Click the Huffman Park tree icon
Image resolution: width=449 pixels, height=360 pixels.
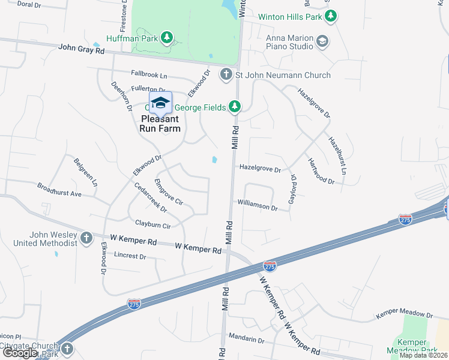tap(167, 38)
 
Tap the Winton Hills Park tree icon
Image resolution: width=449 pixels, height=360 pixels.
tap(330, 17)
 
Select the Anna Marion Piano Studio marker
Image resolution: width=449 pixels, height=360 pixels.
tap(322, 41)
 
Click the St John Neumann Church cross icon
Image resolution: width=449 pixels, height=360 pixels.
tap(226, 75)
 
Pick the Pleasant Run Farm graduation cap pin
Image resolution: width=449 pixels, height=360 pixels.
tap(160, 103)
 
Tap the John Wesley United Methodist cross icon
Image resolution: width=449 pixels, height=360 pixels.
tap(86, 238)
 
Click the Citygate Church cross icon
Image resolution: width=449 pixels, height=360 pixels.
tap(67, 348)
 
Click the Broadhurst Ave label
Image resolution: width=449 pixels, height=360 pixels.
tap(59, 190)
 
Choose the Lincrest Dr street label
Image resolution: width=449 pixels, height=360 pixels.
tap(130, 256)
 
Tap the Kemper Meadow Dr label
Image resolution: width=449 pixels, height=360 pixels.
tap(404, 314)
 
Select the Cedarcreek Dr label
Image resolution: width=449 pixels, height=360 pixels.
tap(151, 197)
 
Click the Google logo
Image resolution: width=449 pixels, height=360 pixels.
tap(20, 353)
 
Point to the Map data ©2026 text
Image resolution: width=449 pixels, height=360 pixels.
tap(423, 355)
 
